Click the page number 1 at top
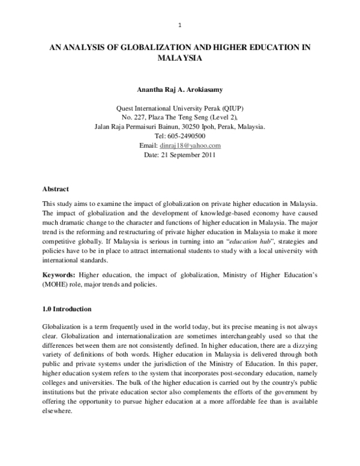click(180, 25)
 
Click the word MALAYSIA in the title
click(180, 59)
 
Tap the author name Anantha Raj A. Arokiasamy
click(180, 92)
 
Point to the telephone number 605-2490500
click(188, 136)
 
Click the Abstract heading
click(56, 189)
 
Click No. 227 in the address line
click(133, 118)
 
